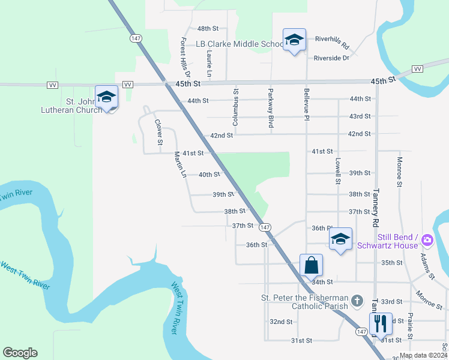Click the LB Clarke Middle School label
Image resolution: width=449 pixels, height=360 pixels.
tap(239, 44)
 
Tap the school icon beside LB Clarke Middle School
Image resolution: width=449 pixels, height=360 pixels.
tap(294, 40)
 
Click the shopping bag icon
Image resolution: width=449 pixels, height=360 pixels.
tap(312, 265)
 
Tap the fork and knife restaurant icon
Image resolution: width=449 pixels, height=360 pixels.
tap(381, 323)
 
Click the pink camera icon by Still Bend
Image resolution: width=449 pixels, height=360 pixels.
tap(427, 240)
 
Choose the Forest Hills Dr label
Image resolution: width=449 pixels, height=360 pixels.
tap(185, 59)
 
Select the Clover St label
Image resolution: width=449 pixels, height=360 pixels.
tap(158, 133)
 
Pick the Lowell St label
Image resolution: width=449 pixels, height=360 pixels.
tap(338, 172)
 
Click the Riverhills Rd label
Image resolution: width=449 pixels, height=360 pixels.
tap(331, 41)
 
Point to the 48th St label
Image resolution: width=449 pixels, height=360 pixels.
tap(208, 28)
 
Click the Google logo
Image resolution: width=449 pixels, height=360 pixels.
tap(20, 353)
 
